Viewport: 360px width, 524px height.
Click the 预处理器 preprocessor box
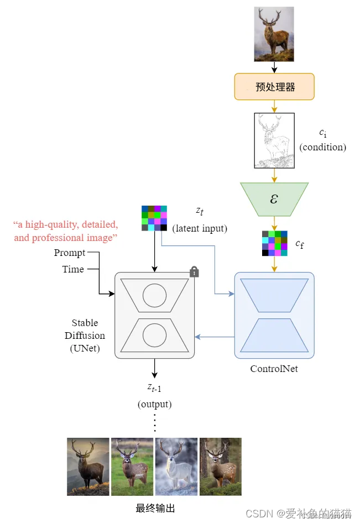point(274,87)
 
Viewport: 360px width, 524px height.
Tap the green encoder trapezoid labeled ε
point(274,198)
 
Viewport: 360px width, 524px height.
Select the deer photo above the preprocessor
point(274,34)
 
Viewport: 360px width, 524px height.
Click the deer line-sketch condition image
point(274,140)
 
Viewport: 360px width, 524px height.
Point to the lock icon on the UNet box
point(194,271)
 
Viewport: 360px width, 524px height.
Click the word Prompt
point(70,253)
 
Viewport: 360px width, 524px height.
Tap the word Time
point(73,269)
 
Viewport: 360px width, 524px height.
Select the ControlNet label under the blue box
point(274,368)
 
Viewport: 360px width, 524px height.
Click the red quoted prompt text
point(65,232)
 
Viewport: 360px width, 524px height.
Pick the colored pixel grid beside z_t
point(154,218)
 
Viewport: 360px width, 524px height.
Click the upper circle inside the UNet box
point(154,296)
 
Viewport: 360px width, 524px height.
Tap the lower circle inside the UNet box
point(154,335)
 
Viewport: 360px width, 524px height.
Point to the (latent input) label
point(200,228)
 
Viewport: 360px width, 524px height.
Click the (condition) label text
point(323,148)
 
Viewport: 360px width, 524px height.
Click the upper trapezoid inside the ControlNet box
point(274,295)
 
